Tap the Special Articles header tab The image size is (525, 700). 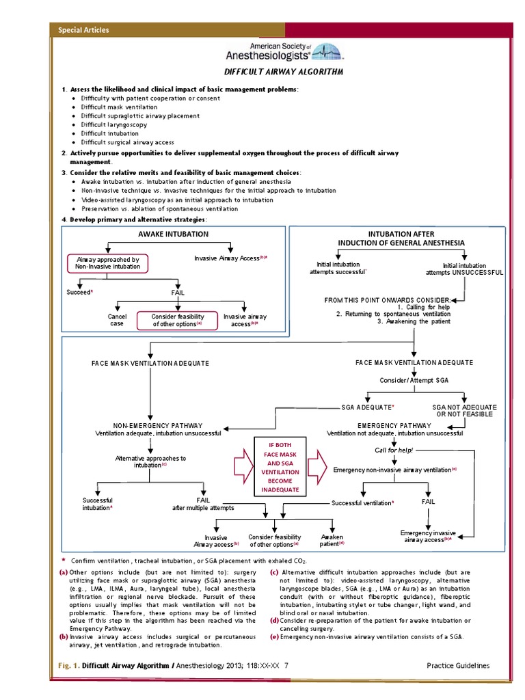[x=83, y=30]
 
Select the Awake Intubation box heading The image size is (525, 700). [x=174, y=234]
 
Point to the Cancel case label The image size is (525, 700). [x=118, y=320]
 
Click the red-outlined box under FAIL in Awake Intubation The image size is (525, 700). [x=179, y=320]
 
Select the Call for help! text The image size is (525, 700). [x=394, y=450]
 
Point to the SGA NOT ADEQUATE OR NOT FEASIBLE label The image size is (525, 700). [x=464, y=410]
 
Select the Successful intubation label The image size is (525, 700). [x=97, y=504]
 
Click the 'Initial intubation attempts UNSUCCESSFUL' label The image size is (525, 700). [x=464, y=269]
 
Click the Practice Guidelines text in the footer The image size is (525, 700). [x=457, y=665]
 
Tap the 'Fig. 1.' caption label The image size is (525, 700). [x=64, y=665]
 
